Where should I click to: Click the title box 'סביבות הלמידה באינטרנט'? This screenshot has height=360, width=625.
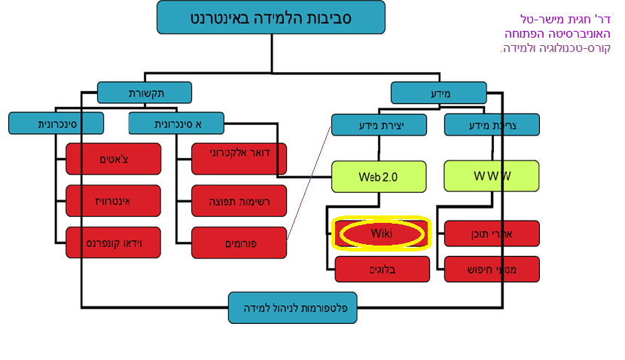[x=270, y=17]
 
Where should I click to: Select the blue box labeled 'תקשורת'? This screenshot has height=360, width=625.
[x=145, y=93]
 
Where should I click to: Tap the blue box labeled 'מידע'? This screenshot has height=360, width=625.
[x=439, y=93]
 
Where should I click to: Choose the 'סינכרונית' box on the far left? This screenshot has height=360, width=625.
[x=56, y=124]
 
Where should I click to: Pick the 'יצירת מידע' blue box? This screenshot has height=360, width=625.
[x=379, y=124]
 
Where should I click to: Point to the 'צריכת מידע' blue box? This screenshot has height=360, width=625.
[x=492, y=124]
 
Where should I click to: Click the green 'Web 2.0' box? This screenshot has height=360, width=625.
[x=379, y=176]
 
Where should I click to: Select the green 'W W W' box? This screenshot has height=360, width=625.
[x=492, y=176]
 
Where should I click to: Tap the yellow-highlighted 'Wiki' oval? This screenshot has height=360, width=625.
[x=381, y=233]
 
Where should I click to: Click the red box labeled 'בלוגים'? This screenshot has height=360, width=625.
[x=381, y=269]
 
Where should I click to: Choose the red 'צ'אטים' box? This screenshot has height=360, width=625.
[x=114, y=159]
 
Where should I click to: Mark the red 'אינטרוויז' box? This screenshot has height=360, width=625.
[x=114, y=200]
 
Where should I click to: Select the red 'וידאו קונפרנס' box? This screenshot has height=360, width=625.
[x=114, y=242]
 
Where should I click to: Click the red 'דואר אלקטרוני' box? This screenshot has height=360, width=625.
[x=239, y=159]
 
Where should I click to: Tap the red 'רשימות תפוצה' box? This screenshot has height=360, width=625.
[x=239, y=200]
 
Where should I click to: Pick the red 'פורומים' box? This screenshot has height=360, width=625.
[x=239, y=242]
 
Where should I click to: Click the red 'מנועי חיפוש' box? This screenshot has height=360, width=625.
[x=492, y=269]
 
